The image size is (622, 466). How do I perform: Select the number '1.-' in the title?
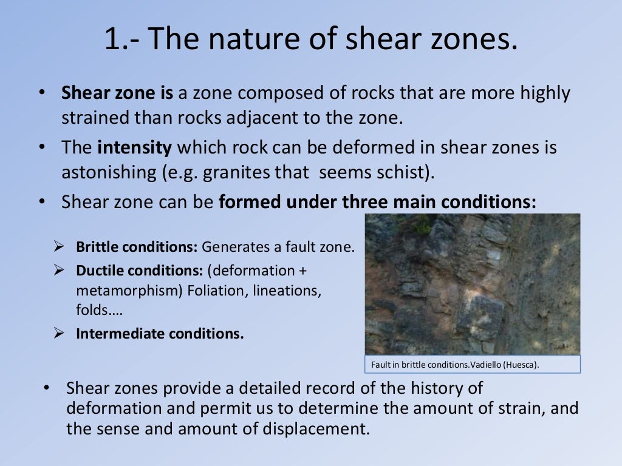(x=122, y=40)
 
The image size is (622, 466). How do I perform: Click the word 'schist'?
(x=404, y=172)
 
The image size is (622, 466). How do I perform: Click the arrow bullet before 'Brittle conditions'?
(x=59, y=246)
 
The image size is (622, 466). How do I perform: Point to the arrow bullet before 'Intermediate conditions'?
(x=59, y=333)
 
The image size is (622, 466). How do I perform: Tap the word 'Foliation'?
(x=214, y=291)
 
